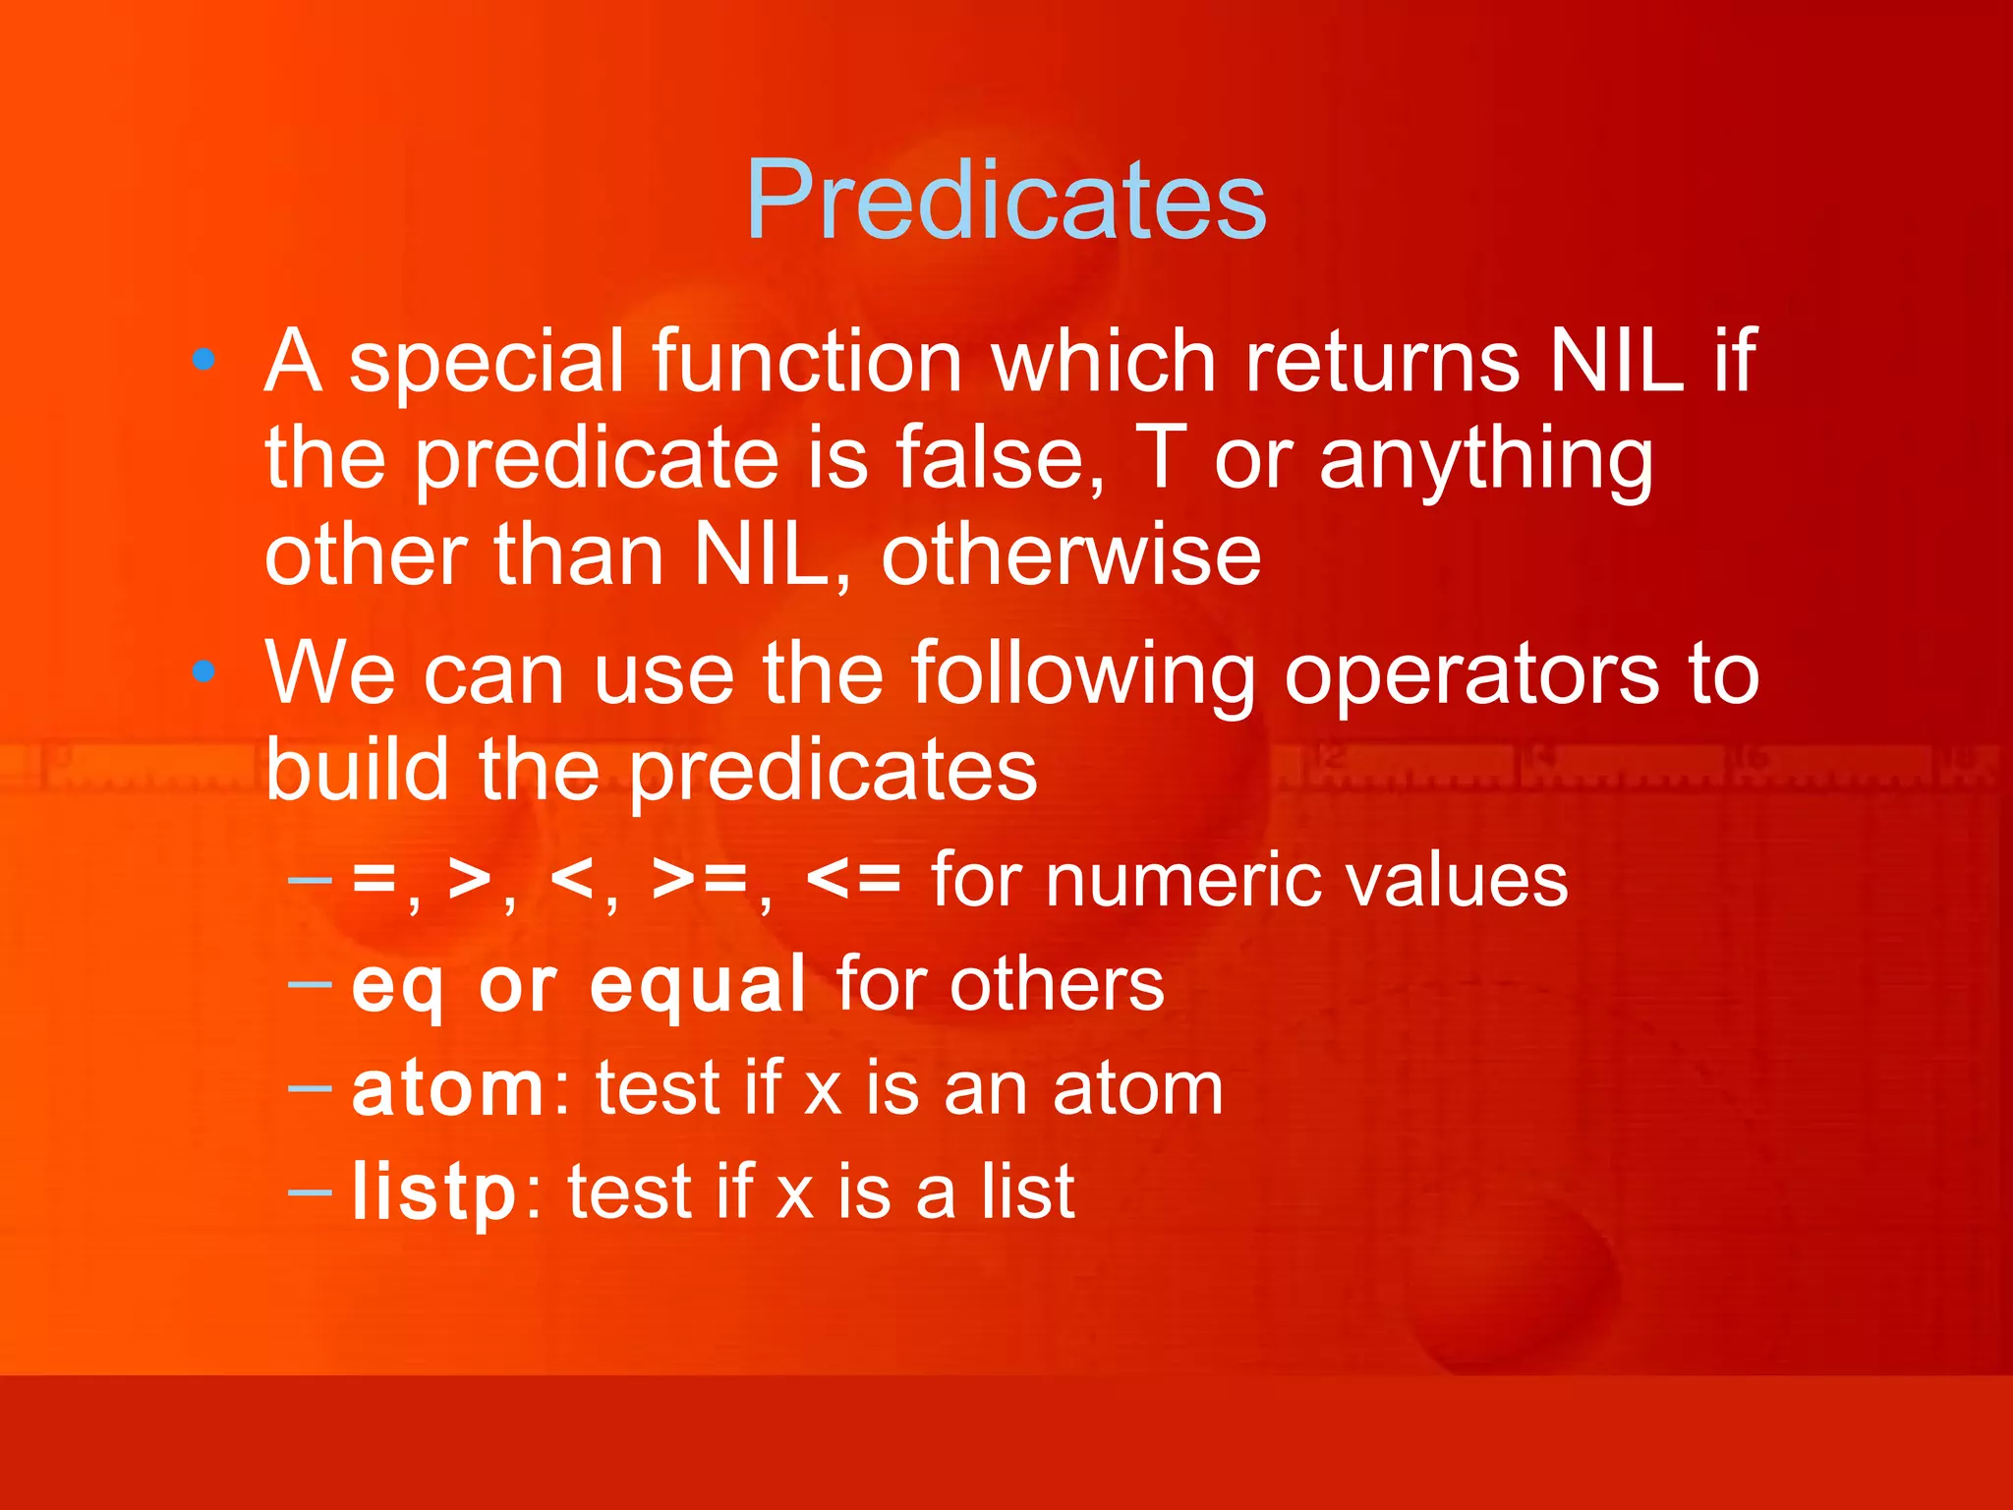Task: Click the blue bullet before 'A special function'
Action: (203, 359)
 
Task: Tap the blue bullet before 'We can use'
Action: (203, 672)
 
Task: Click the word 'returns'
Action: (1382, 361)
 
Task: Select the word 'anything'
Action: (1486, 462)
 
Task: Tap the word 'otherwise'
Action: (1070, 555)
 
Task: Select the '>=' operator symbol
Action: (700, 879)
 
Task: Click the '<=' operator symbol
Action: (852, 879)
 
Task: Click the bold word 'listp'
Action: (433, 1191)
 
